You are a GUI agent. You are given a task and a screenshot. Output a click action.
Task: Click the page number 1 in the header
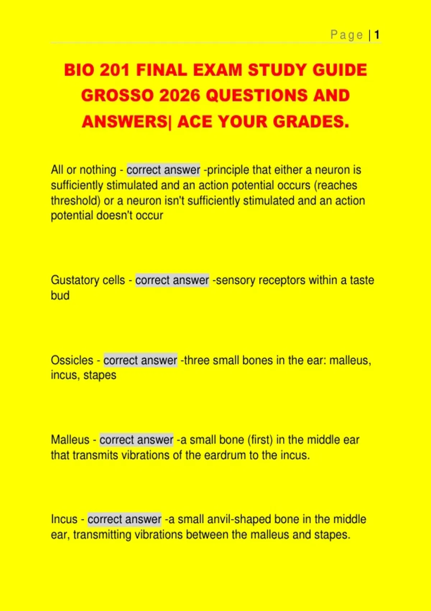tap(377, 35)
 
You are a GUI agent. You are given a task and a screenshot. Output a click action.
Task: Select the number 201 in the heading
tap(115, 70)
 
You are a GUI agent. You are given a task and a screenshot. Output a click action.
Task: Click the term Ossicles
tap(72, 360)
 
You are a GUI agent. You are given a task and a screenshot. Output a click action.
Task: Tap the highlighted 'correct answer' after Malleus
tap(136, 440)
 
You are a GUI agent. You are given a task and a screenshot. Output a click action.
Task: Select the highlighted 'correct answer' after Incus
tap(124, 519)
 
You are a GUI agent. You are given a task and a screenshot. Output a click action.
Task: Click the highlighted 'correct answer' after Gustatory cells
tap(172, 280)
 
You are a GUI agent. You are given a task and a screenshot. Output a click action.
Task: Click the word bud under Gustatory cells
tap(60, 295)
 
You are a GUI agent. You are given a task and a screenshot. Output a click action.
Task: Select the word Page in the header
tap(347, 35)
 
